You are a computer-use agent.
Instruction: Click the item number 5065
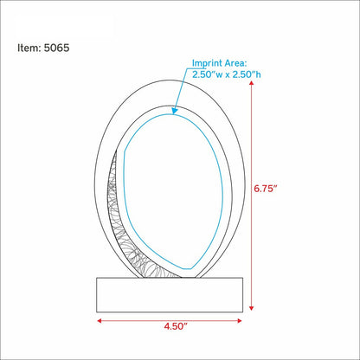click(x=56, y=48)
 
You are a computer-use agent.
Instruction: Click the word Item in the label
click(x=29, y=48)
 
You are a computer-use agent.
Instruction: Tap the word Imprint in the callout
click(x=207, y=63)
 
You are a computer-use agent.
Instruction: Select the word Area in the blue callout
click(x=236, y=63)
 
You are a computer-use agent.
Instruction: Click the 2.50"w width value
click(x=208, y=74)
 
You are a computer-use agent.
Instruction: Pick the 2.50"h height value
click(x=247, y=74)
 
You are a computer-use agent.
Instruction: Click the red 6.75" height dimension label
click(x=266, y=189)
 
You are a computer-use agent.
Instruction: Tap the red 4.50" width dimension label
click(x=176, y=326)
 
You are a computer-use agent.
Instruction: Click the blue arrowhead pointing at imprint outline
click(x=174, y=111)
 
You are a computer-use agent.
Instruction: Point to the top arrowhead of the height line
click(x=251, y=83)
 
